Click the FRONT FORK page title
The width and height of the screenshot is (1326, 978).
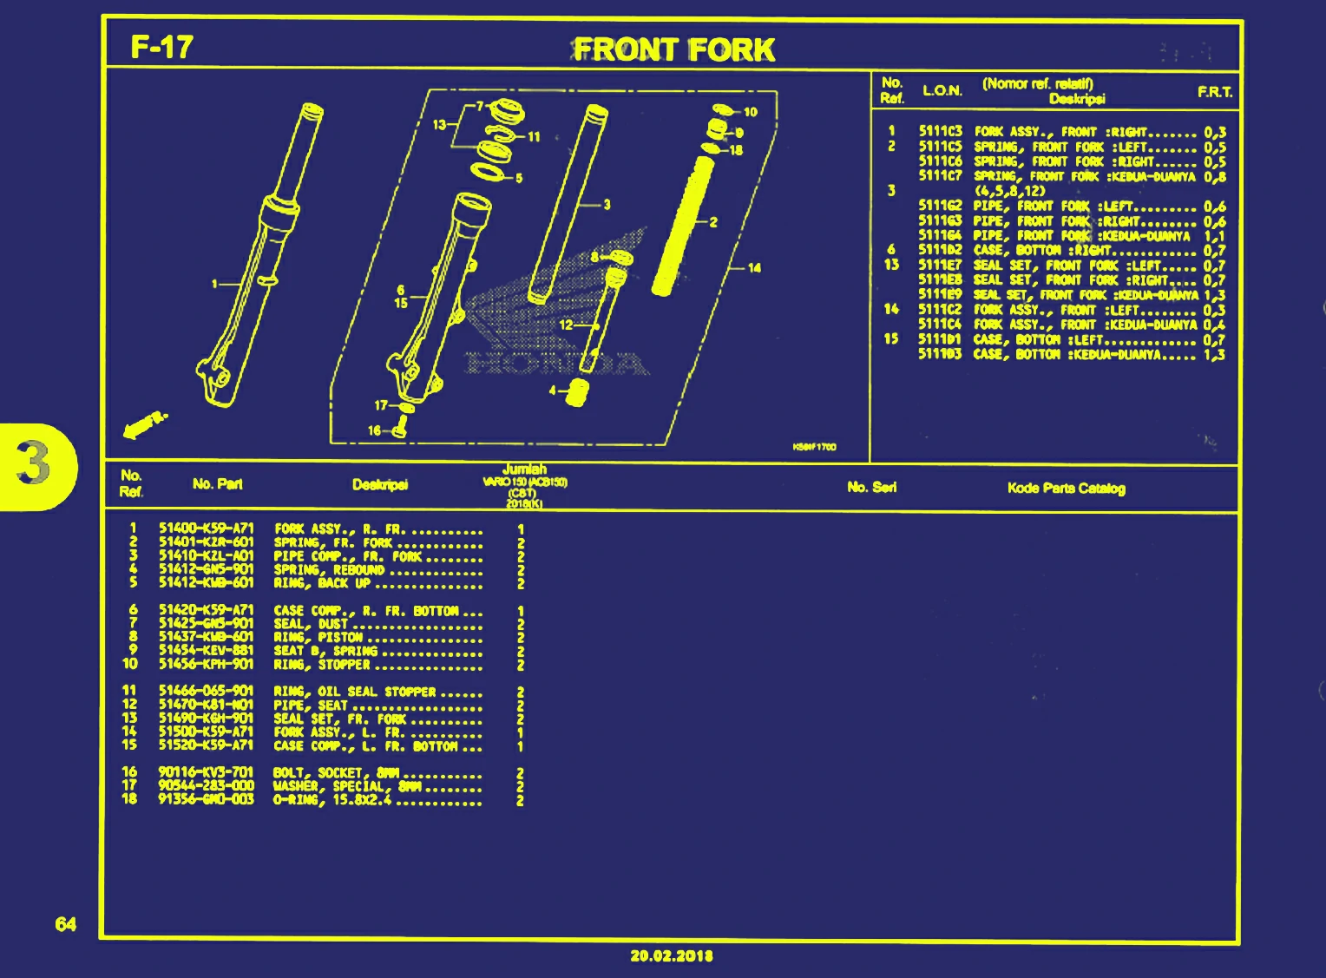click(x=673, y=49)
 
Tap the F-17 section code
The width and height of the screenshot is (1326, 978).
click(x=161, y=47)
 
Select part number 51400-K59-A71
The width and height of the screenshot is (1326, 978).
click(x=206, y=528)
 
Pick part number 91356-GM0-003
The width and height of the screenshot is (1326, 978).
click(x=206, y=799)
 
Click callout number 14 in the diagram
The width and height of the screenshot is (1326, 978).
click(x=754, y=268)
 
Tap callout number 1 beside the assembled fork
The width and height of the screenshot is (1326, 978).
click(x=214, y=283)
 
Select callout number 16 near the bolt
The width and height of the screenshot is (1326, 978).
click(x=374, y=430)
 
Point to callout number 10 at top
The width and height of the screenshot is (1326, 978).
click(x=750, y=112)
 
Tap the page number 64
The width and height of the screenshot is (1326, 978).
click(x=66, y=924)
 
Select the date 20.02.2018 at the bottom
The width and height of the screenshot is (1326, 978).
click(x=672, y=955)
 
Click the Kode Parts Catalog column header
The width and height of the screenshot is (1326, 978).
click(x=1066, y=489)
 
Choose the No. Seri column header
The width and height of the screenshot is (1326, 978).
click(x=871, y=488)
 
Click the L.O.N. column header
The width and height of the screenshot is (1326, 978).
click(x=942, y=91)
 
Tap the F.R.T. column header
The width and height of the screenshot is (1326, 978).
click(x=1215, y=92)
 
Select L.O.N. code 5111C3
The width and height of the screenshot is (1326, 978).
click(x=940, y=133)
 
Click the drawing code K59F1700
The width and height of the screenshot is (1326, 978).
click(x=814, y=447)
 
